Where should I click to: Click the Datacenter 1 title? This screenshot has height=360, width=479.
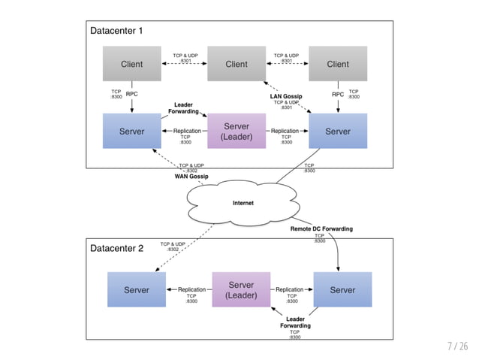pyautogui.click(x=116, y=31)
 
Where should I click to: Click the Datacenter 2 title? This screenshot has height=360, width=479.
pyautogui.click(x=116, y=248)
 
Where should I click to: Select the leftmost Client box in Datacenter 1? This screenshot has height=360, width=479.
pyautogui.click(x=131, y=64)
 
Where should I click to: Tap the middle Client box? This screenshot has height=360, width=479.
pyautogui.click(x=236, y=64)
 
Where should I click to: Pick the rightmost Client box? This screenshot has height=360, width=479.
pyautogui.click(x=338, y=64)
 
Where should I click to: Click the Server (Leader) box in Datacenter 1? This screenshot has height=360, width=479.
pyautogui.click(x=236, y=132)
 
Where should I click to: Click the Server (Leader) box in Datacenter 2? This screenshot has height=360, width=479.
pyautogui.click(x=241, y=289)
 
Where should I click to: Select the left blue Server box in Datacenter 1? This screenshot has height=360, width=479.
pyautogui.click(x=131, y=132)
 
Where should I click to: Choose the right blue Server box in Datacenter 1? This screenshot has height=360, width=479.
pyautogui.click(x=338, y=132)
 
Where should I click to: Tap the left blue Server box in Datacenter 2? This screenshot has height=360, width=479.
pyautogui.click(x=136, y=290)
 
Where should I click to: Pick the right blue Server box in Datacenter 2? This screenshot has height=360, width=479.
pyautogui.click(x=342, y=290)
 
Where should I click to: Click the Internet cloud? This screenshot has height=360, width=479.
pyautogui.click(x=243, y=203)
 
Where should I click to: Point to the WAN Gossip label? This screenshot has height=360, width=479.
pyautogui.click(x=191, y=177)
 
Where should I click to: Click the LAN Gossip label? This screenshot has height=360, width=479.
pyautogui.click(x=286, y=96)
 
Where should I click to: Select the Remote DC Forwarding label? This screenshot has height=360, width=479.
pyautogui.click(x=321, y=228)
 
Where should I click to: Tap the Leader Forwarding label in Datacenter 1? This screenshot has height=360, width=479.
pyautogui.click(x=184, y=107)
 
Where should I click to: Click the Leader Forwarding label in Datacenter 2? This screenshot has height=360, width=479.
pyautogui.click(x=295, y=322)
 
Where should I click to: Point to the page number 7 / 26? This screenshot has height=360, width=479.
pyautogui.click(x=457, y=346)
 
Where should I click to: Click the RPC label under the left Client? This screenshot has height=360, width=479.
pyautogui.click(x=131, y=95)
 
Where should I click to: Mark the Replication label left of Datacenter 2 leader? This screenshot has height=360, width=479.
pyautogui.click(x=191, y=289)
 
